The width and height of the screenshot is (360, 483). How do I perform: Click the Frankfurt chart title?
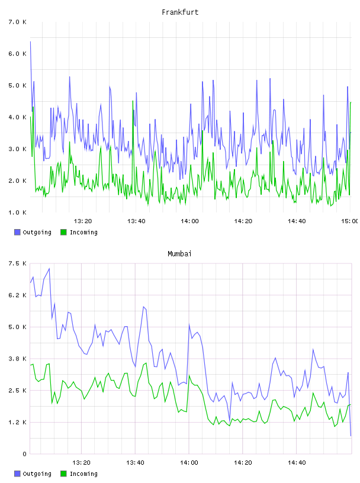(180, 12)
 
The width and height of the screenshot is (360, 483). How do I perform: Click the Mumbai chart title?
(179, 253)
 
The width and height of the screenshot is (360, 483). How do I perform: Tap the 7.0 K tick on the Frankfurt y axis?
(17, 22)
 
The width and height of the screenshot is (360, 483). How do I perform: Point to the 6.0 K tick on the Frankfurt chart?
(17, 54)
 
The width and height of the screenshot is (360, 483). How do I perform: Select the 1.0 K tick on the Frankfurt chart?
(17, 212)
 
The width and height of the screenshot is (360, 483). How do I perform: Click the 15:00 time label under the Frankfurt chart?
(349, 221)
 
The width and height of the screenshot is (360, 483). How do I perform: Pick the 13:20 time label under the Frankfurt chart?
(83, 221)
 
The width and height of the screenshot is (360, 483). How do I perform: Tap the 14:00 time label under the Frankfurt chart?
(189, 221)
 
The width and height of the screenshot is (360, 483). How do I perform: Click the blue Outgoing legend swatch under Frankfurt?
(17, 232)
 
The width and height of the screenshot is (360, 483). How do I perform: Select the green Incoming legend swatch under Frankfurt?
(63, 232)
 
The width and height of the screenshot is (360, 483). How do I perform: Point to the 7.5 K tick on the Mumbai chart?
(17, 263)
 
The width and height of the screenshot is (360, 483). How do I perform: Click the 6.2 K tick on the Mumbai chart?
(17, 295)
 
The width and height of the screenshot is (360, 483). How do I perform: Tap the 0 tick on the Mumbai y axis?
(24, 454)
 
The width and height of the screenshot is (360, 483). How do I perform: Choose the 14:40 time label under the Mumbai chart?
(297, 462)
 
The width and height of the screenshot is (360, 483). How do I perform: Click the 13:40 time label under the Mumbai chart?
(135, 462)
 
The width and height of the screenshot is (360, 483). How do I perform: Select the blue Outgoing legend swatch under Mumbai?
(17, 474)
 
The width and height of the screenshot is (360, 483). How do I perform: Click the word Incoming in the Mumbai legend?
(83, 474)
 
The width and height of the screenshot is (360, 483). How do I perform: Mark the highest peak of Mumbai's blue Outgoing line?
(49, 269)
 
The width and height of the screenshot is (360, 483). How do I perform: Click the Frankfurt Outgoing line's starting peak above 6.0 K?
(30, 41)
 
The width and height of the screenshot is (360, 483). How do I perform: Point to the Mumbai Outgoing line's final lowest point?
(351, 436)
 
